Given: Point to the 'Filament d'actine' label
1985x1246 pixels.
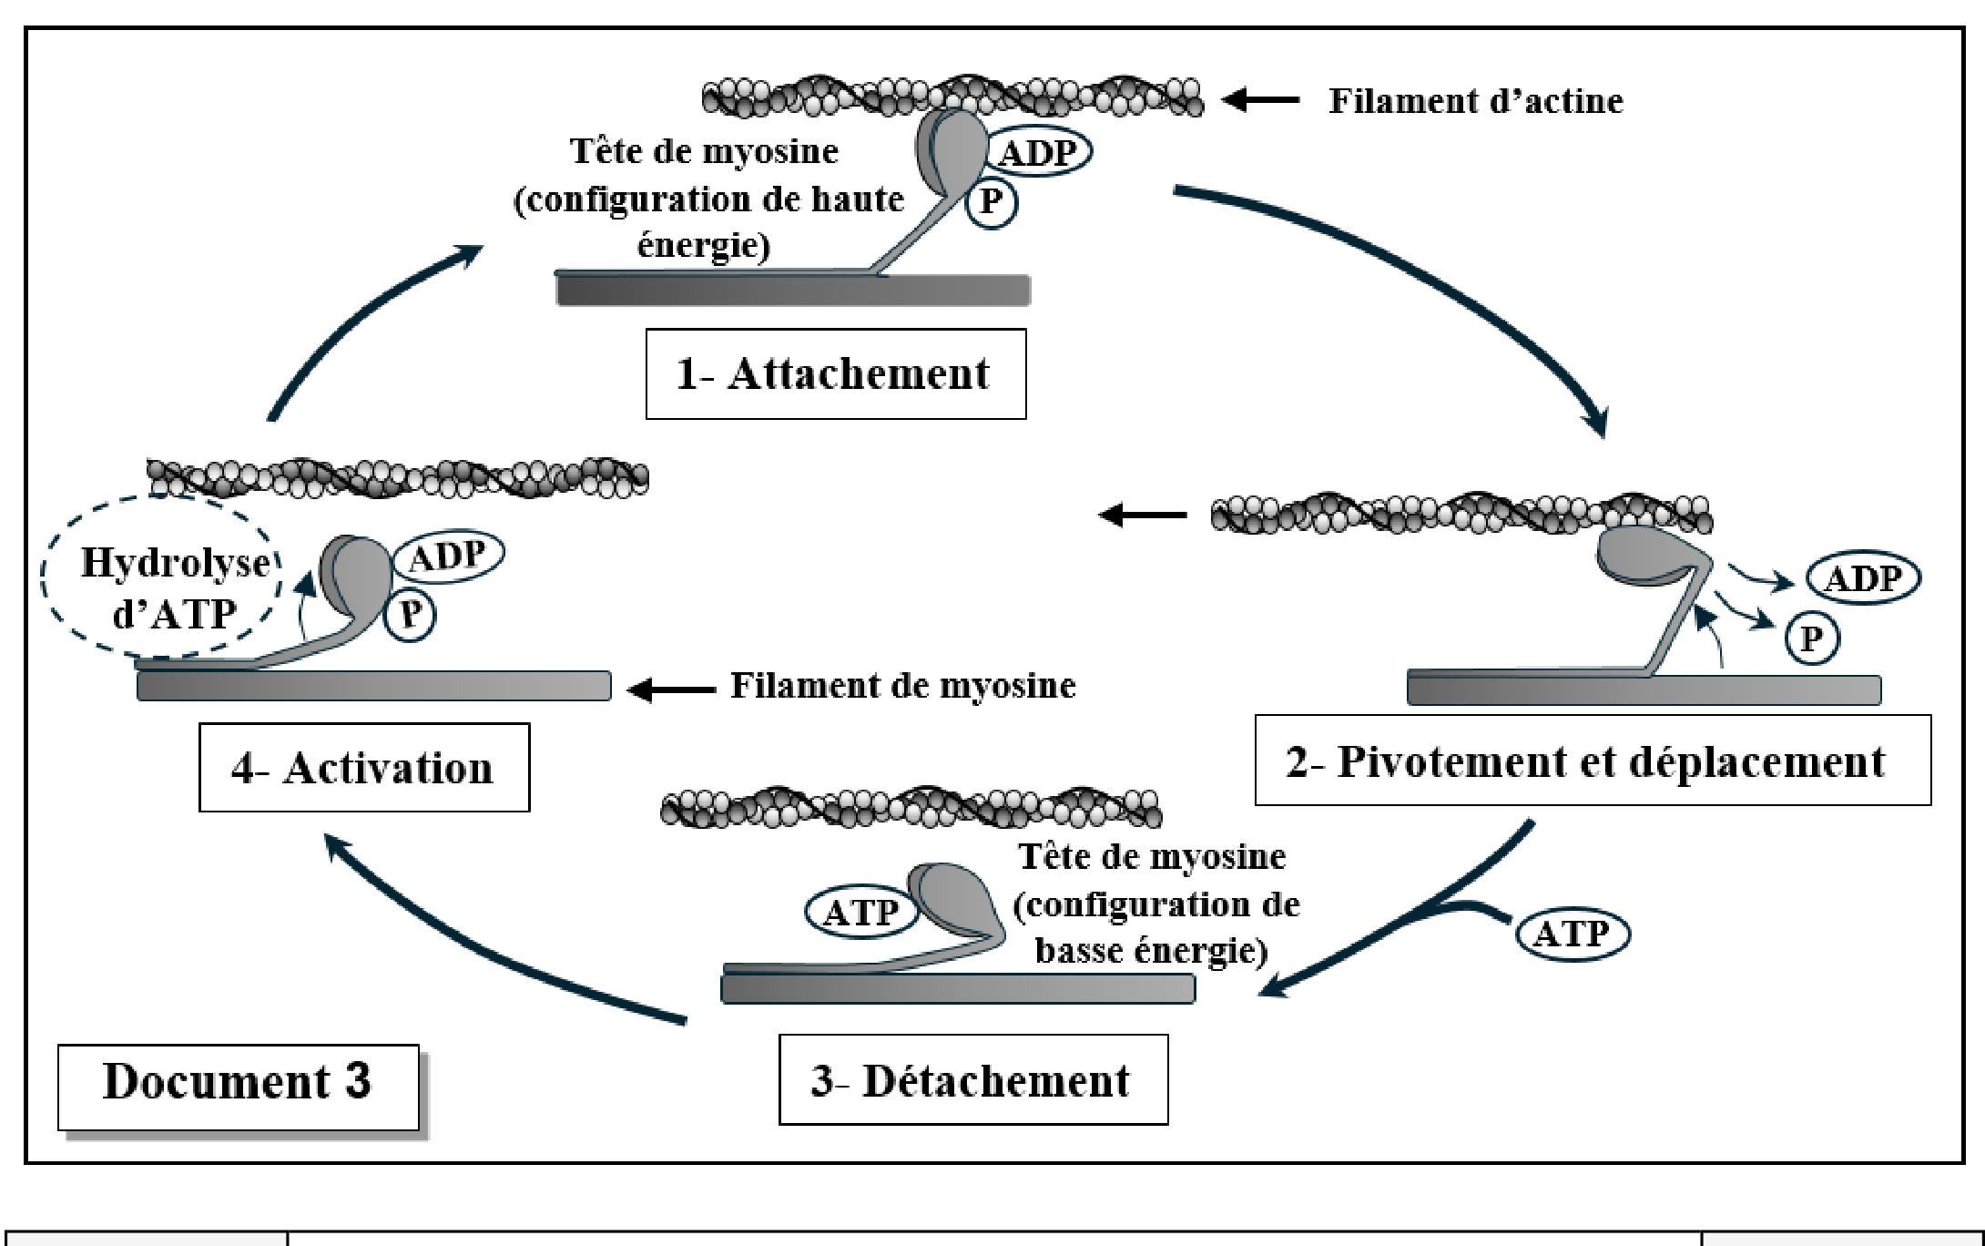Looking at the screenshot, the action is (1475, 100).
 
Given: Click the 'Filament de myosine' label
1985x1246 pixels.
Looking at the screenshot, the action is (903, 686).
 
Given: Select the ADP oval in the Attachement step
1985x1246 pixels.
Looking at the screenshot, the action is (1037, 152).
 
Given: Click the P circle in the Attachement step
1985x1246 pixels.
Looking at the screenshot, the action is (991, 202).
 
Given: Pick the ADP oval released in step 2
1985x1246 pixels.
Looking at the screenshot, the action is (1863, 578).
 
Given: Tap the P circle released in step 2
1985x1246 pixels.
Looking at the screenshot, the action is (1811, 638).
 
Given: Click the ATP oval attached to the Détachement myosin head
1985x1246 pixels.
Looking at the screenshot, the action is (861, 912).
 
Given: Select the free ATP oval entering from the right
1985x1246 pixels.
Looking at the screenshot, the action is (1573, 934).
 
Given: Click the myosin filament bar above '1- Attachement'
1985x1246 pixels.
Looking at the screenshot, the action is (793, 289).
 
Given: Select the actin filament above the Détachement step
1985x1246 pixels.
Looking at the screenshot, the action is (911, 807).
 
